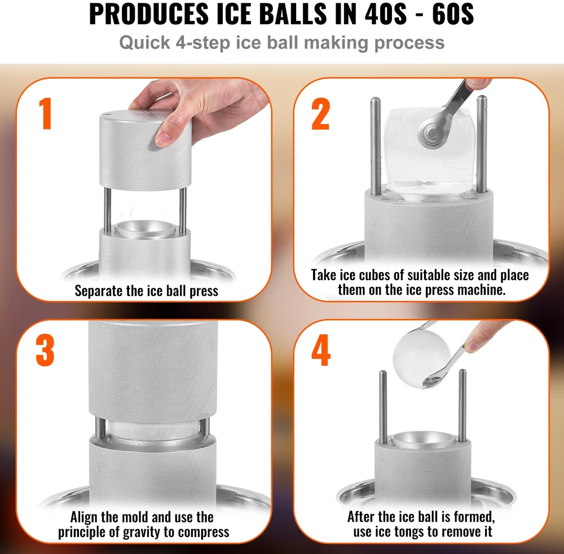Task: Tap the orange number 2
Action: click(320, 114)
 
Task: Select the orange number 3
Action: click(45, 351)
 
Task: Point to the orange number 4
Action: click(321, 350)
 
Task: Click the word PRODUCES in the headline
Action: click(148, 14)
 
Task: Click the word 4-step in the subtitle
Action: click(203, 43)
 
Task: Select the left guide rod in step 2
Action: click(376, 146)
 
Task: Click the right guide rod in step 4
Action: click(462, 406)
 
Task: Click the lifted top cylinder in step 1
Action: click(146, 150)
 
